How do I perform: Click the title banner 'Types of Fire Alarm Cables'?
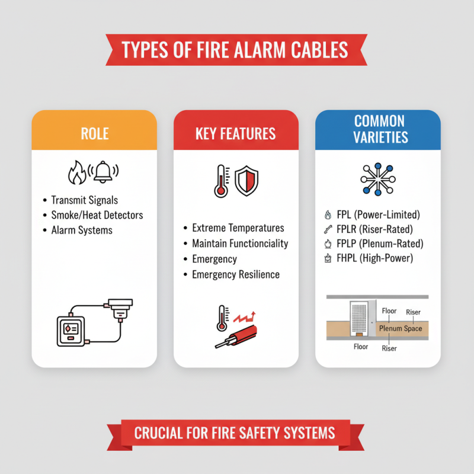(236, 50)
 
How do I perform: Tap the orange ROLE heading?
(94, 133)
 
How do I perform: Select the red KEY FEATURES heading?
(235, 133)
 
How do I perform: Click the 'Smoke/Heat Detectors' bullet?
(97, 214)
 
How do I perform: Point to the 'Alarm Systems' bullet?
(82, 230)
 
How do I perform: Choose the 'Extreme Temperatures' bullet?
(238, 228)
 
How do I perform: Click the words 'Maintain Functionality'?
(240, 244)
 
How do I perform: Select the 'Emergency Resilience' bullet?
(236, 274)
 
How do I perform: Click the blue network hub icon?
(377, 177)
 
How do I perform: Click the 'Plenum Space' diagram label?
(401, 328)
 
